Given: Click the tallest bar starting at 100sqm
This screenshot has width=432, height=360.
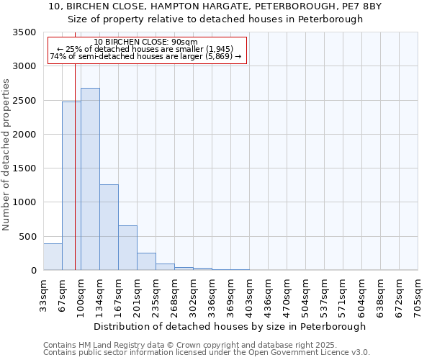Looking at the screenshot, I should point(90,179).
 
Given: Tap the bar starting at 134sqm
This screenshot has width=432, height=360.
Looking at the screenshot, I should point(109,228).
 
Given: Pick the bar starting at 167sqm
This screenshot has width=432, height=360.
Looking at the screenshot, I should point(127,248).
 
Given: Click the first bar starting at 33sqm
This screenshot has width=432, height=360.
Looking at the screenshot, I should point(53,257).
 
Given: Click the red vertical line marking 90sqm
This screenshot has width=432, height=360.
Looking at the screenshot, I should point(75,158).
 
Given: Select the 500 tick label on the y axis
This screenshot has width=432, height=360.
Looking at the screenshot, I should point(28,236).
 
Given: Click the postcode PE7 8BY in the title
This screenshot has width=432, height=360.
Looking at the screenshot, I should point(363,6).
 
